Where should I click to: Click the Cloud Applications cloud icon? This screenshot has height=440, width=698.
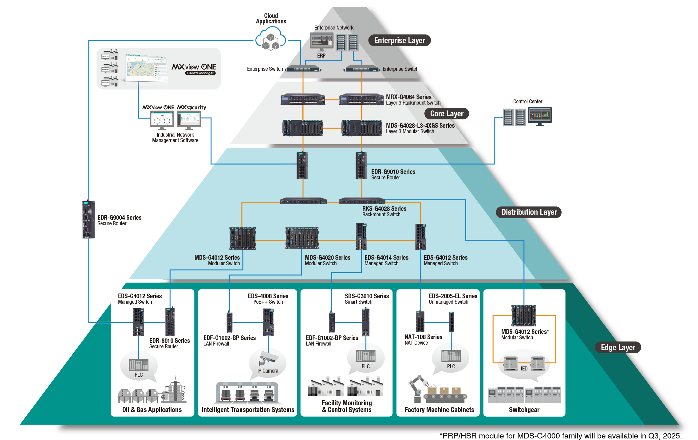click(270, 39)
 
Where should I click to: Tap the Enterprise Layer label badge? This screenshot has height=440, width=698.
click(399, 40)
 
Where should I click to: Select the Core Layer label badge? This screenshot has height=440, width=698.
click(446, 114)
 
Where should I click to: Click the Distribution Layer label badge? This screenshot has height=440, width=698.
click(529, 212)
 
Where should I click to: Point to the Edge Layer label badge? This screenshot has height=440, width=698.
click(618, 347)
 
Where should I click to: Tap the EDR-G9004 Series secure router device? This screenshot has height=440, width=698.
click(89, 219)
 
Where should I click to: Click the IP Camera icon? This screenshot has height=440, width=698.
click(268, 358)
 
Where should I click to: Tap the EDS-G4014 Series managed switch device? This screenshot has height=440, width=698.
click(361, 236)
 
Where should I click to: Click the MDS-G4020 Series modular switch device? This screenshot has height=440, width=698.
click(302, 238)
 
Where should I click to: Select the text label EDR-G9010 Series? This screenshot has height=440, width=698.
click(393, 172)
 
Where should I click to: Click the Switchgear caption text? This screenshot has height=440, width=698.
click(524, 410)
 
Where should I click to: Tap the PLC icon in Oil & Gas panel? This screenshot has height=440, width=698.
click(139, 365)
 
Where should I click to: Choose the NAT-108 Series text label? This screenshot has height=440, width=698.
click(423, 337)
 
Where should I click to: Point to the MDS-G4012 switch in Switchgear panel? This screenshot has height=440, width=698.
click(523, 315)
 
